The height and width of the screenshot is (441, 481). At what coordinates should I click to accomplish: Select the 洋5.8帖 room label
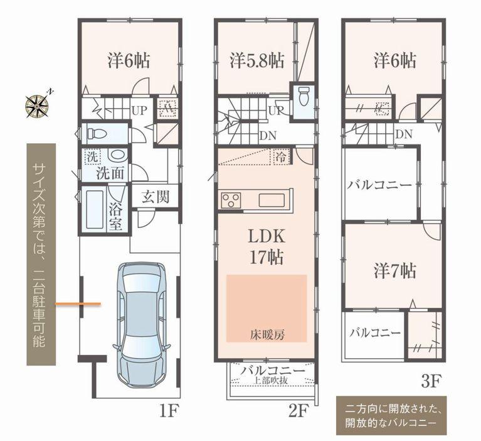pos(256,61)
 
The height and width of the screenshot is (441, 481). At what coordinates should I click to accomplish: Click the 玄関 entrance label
pos(154,197)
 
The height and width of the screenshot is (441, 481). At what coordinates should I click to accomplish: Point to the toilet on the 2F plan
pos(304,98)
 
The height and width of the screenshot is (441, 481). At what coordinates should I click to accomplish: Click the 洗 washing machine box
pos(92,156)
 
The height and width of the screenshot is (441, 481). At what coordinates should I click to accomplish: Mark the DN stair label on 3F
pos(404,134)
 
